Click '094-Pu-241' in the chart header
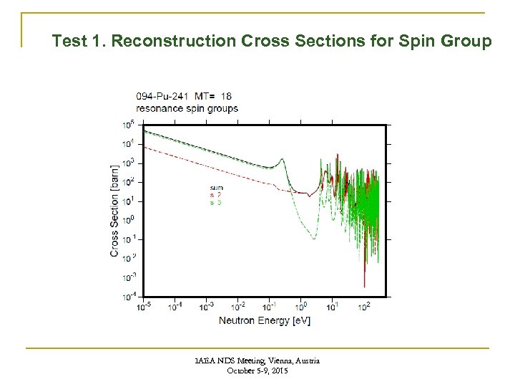161,95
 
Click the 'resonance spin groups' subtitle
187,107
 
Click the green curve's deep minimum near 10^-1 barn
308,237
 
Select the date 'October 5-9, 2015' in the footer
258,371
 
